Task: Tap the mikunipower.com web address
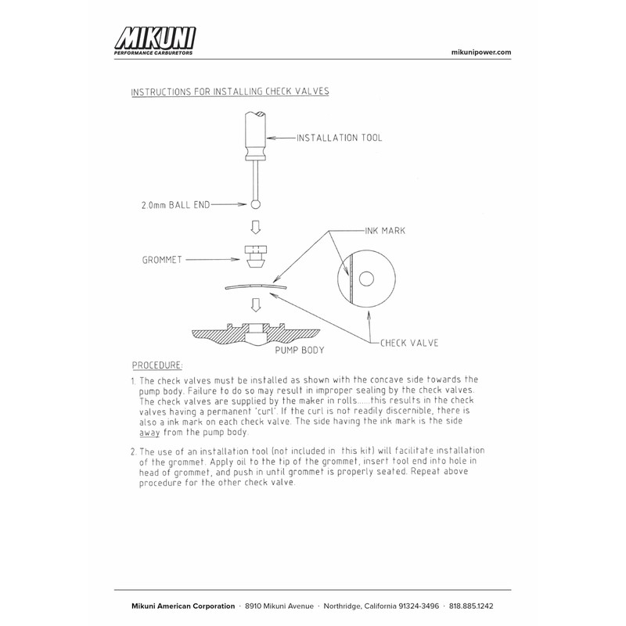(x=482, y=52)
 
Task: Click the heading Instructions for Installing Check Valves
(x=229, y=92)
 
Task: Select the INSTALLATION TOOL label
(x=340, y=139)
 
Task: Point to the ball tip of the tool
(x=256, y=204)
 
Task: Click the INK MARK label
(x=386, y=232)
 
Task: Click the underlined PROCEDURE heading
(x=157, y=365)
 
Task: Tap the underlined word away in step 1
(x=149, y=432)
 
